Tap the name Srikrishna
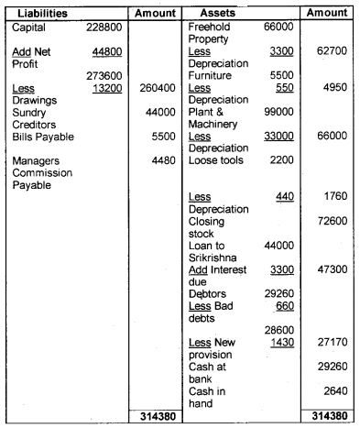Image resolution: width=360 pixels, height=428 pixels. click(x=215, y=259)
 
